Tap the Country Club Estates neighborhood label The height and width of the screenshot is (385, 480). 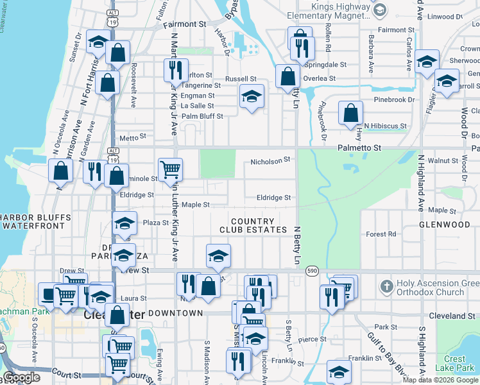coord(253,225)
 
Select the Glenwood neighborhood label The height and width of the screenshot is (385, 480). coord(444,225)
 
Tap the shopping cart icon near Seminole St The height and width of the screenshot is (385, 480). coord(170,170)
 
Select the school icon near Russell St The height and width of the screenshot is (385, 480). coord(252,97)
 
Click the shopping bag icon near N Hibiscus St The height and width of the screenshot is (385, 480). coord(351,113)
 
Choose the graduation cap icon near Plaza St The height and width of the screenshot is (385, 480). coord(125,223)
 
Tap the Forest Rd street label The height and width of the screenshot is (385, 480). coord(381,234)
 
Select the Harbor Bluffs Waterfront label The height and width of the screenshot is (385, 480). coord(35,221)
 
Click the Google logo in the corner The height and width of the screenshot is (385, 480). coord(22,377)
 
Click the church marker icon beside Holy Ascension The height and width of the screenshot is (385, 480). coord(385,284)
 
